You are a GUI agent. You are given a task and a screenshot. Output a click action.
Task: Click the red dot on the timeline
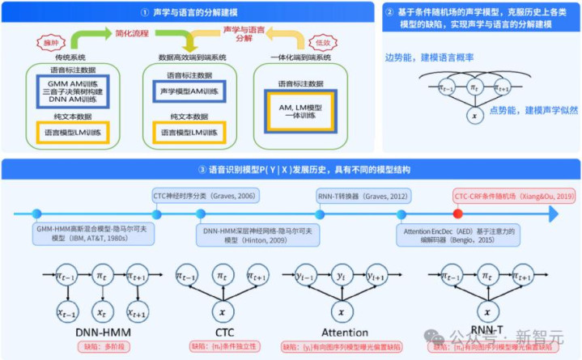(x=458, y=214)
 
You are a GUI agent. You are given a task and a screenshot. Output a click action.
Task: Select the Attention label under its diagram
(x=345, y=332)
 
